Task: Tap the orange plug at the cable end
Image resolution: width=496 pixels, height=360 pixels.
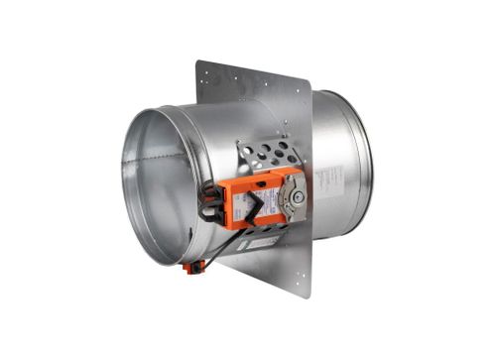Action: pyautogui.click(x=187, y=266)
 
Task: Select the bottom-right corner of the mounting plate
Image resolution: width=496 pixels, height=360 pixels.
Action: pyautogui.click(x=310, y=296)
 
